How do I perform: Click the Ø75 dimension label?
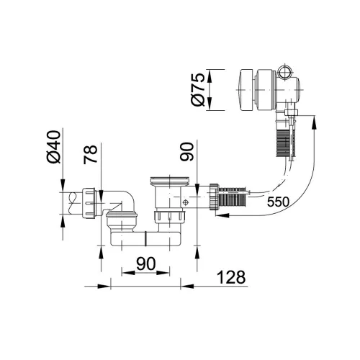click(198, 89)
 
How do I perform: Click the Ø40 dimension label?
click(53, 147)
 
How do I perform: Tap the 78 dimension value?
click(91, 154)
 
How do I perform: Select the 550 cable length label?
click(278, 202)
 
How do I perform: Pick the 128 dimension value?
click(231, 277)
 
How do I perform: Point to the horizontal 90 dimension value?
click(146, 264)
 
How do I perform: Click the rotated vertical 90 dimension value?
click(186, 152)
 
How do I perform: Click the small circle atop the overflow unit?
click(285, 71)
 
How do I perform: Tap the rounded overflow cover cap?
click(246, 90)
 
